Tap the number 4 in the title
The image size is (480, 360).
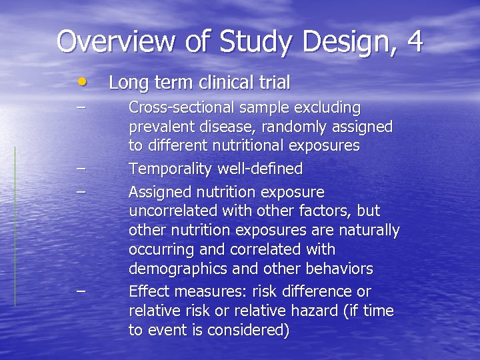413,41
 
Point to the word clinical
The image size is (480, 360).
226,83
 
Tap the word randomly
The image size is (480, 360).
288,127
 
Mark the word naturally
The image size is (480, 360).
367,231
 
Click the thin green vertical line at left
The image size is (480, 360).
15,227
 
